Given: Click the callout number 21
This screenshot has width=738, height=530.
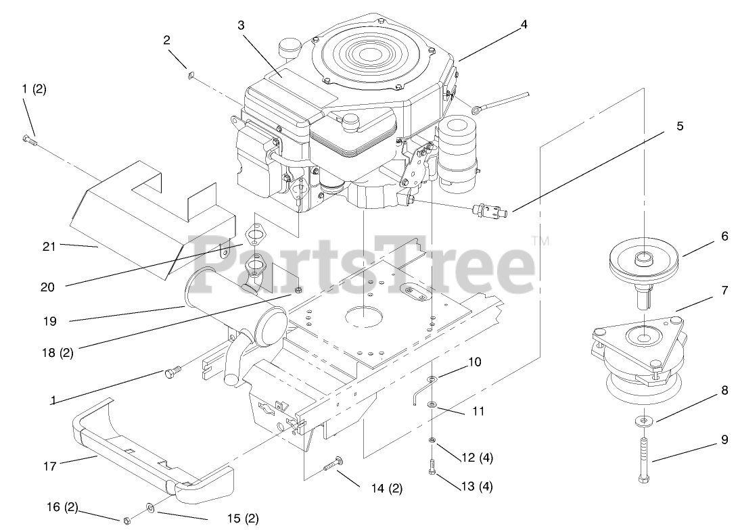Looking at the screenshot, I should pyautogui.click(x=49, y=247).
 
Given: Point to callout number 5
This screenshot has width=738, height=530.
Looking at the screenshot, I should pyautogui.click(x=680, y=126).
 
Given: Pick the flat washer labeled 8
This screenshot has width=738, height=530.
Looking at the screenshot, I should pyautogui.click(x=645, y=422).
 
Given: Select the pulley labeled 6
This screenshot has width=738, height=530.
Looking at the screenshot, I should pyautogui.click(x=644, y=264).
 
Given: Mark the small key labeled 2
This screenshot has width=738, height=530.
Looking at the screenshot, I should pyautogui.click(x=190, y=76).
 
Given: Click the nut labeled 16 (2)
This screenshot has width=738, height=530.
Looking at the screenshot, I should pyautogui.click(x=126, y=520).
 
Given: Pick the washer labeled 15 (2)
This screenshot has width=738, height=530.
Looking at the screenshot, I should pyautogui.click(x=149, y=506).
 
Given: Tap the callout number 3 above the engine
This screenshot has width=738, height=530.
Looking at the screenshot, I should pyautogui.click(x=241, y=25).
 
